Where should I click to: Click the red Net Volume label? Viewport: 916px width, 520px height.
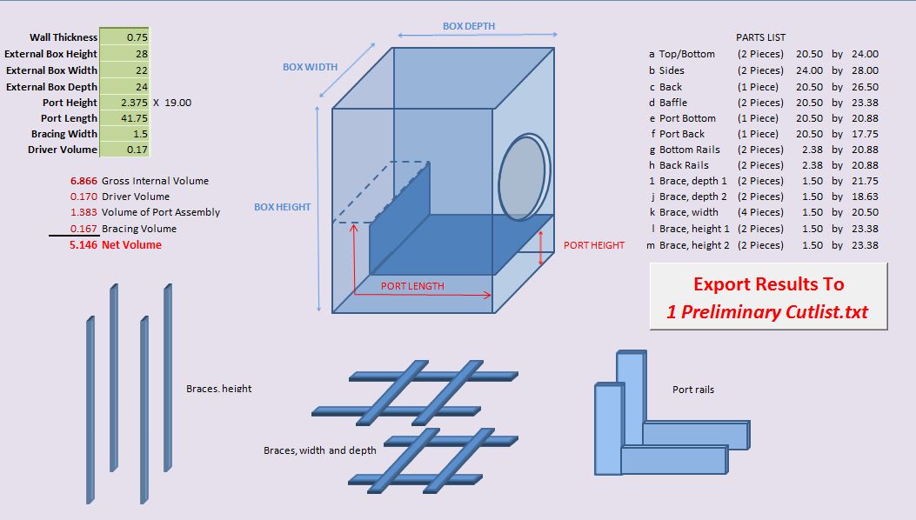coord(131,245)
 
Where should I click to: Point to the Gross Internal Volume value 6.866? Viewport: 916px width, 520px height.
coord(84,181)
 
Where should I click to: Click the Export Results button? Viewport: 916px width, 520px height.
coord(768,297)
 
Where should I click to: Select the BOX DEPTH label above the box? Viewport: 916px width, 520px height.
coord(469,26)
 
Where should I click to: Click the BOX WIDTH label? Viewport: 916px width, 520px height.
coord(310,67)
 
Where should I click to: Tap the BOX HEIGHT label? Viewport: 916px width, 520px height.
coord(282,207)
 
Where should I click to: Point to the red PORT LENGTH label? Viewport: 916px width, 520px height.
coord(412,286)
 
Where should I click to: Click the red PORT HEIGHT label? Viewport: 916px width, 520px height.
coord(594,245)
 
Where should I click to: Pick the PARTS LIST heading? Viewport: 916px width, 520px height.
coord(760,37)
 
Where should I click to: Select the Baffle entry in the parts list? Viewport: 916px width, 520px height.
coord(673,103)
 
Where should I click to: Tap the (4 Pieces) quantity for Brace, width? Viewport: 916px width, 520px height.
coord(760,212)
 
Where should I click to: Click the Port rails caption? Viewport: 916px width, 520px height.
coord(693,390)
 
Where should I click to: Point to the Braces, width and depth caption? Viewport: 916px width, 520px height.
coord(320,450)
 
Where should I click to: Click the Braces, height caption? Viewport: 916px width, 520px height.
coord(219,389)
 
